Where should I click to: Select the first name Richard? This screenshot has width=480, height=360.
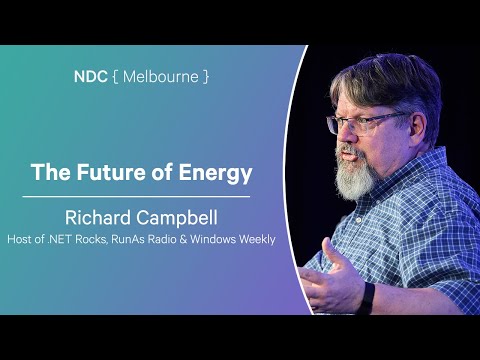click(96, 216)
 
